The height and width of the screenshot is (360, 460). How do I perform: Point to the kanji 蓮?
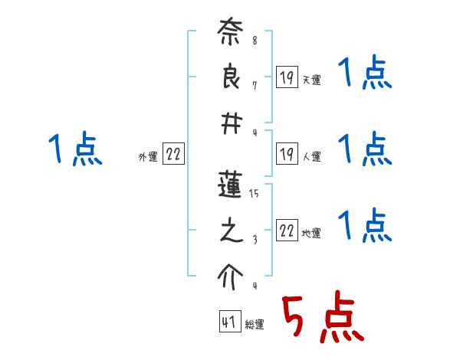[230, 188]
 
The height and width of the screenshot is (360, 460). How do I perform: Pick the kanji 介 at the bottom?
[230, 273]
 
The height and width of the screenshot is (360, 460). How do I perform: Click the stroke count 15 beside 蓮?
[254, 195]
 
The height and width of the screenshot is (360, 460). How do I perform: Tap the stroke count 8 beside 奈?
[255, 40]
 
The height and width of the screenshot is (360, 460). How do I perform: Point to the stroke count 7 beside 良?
[255, 85]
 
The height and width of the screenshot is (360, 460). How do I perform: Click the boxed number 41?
[228, 323]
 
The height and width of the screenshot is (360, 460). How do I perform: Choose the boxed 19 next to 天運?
[286, 77]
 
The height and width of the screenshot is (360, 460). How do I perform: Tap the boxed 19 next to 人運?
[286, 154]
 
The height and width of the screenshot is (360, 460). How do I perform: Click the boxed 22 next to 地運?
[287, 231]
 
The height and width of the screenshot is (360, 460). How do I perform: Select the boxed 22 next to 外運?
[173, 155]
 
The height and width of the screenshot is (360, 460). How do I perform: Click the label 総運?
[255, 325]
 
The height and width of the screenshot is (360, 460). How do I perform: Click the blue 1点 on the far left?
[75, 149]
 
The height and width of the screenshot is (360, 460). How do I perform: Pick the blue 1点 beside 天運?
[365, 74]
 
